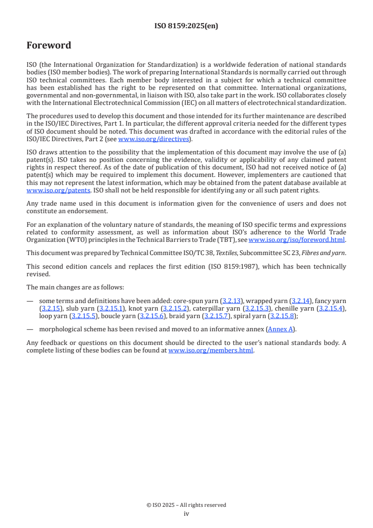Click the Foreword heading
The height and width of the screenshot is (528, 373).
tap(49, 46)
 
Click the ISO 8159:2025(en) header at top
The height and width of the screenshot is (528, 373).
tap(186, 26)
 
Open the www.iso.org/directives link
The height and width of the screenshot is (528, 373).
tap(153, 139)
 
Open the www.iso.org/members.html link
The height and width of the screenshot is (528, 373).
tap(211, 351)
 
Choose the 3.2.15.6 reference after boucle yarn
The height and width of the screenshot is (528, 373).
tap(151, 316)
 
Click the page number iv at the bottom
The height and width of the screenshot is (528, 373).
tap(186, 514)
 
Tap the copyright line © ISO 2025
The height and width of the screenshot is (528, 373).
tap(186, 505)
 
